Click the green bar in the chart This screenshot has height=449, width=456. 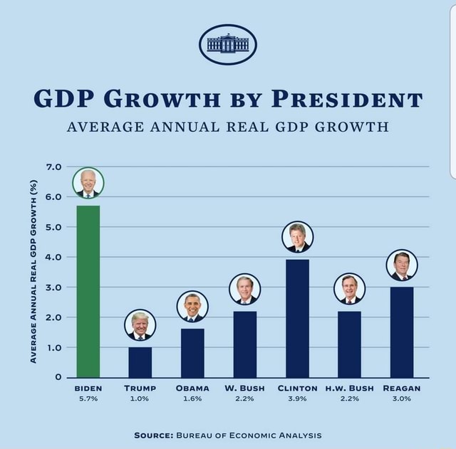[88, 291]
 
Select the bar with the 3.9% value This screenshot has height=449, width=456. [297, 318]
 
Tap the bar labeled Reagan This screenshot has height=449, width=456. [402, 332]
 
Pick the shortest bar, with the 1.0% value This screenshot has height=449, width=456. [140, 361]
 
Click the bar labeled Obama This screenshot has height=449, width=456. [192, 352]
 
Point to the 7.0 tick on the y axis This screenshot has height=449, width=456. [53, 167]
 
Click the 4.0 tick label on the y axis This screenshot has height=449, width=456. [53, 257]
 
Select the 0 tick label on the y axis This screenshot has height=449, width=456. [60, 377]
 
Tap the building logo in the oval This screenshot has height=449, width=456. [227, 44]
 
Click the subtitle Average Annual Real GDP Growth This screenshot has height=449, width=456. [228, 128]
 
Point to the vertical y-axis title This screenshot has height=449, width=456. [32, 271]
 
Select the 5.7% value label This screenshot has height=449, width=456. [88, 399]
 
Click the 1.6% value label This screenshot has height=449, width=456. [192, 399]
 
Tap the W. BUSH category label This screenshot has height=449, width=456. [244, 389]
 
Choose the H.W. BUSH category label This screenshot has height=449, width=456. [349, 389]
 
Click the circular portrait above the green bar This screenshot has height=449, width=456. [88, 183]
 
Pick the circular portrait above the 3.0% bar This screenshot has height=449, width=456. [402, 265]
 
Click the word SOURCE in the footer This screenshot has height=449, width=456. [155, 435]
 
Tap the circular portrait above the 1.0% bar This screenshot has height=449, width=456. [140, 325]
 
